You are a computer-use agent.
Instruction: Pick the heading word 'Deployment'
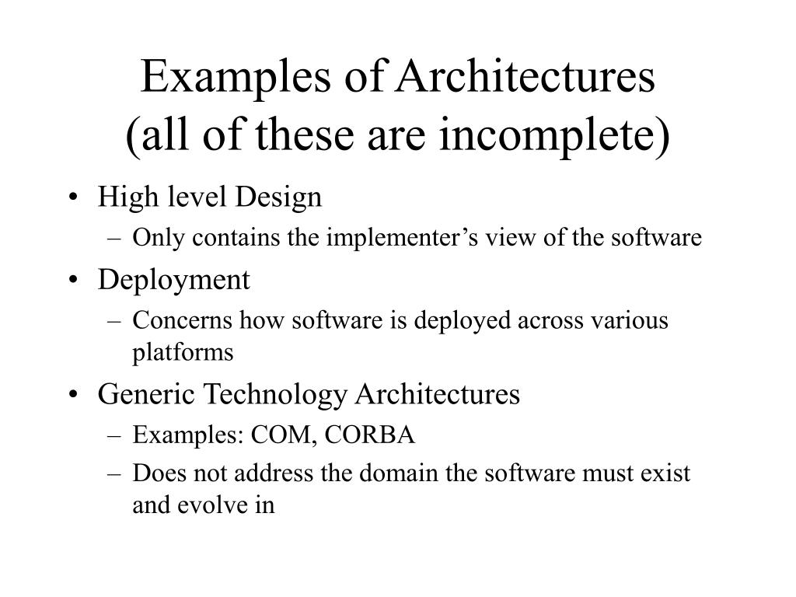click(174, 279)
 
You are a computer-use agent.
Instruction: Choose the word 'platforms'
click(183, 352)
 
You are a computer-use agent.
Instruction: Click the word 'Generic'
click(147, 394)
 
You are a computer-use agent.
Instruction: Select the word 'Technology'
click(275, 394)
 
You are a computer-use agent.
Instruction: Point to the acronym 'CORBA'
click(370, 435)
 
